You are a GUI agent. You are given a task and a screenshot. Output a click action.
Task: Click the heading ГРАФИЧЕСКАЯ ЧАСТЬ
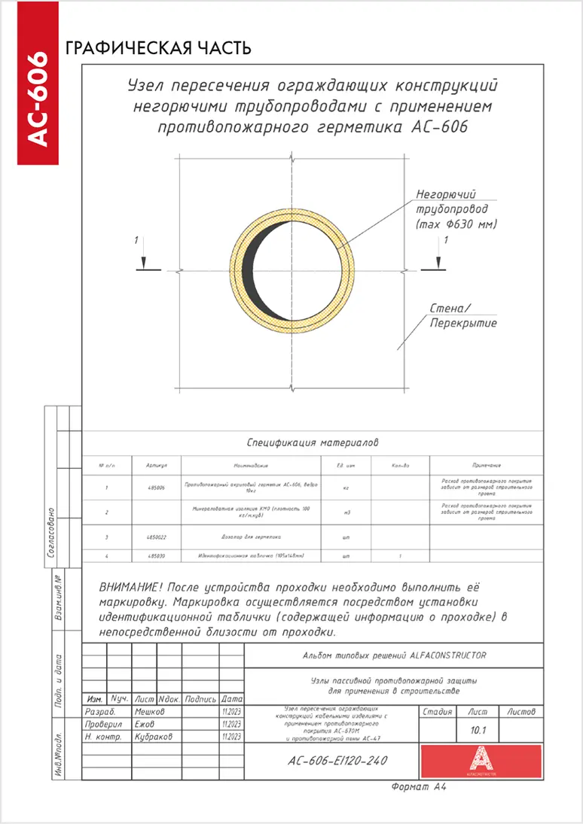click(158, 49)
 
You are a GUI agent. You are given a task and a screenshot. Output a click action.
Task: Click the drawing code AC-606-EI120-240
click(337, 761)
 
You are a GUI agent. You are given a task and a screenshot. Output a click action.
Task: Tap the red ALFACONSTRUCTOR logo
click(481, 761)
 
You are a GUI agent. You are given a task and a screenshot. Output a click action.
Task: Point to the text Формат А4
click(419, 787)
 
